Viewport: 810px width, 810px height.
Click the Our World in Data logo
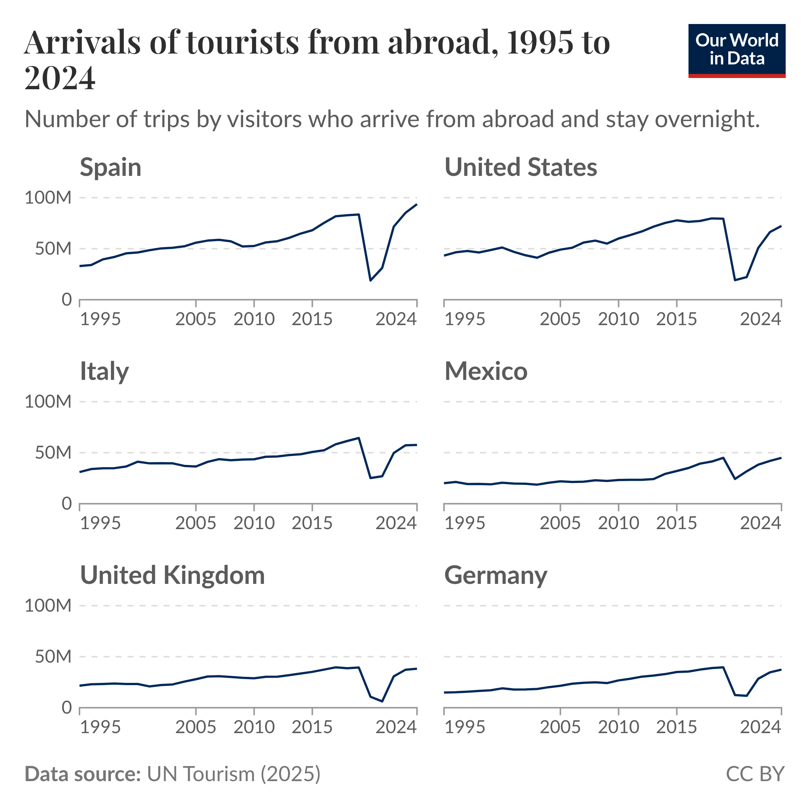click(x=736, y=51)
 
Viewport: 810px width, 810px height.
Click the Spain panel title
click(x=111, y=167)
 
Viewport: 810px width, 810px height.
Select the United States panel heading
click(x=520, y=167)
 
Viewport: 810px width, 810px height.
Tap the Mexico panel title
click(x=486, y=372)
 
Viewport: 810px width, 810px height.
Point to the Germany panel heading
click(x=495, y=575)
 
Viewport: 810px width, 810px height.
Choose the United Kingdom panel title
click(x=172, y=575)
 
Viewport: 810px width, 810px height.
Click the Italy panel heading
click(x=104, y=372)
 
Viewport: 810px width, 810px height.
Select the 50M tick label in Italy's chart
click(x=53, y=453)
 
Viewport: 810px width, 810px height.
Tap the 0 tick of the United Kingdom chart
click(x=67, y=708)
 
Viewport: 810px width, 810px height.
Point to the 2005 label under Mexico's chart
click(x=560, y=523)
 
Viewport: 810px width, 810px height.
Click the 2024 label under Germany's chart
click(x=760, y=727)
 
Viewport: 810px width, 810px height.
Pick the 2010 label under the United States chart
click(x=618, y=319)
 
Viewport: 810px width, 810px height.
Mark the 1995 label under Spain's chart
click(x=100, y=319)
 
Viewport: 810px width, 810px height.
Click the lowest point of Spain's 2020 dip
click(x=370, y=280)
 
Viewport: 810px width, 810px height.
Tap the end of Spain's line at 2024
click(x=417, y=204)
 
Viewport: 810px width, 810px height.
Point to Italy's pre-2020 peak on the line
click(x=359, y=438)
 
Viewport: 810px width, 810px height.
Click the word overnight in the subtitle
click(x=707, y=120)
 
